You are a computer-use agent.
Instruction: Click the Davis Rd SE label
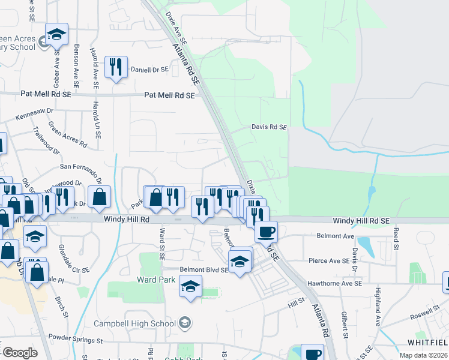(269, 127)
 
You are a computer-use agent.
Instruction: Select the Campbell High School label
(135, 323)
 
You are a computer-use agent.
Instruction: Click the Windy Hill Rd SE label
(362, 221)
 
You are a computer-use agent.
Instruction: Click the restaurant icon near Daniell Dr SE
(115, 67)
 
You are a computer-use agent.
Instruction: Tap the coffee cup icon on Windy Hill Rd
(266, 231)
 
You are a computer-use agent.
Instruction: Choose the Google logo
(19, 353)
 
